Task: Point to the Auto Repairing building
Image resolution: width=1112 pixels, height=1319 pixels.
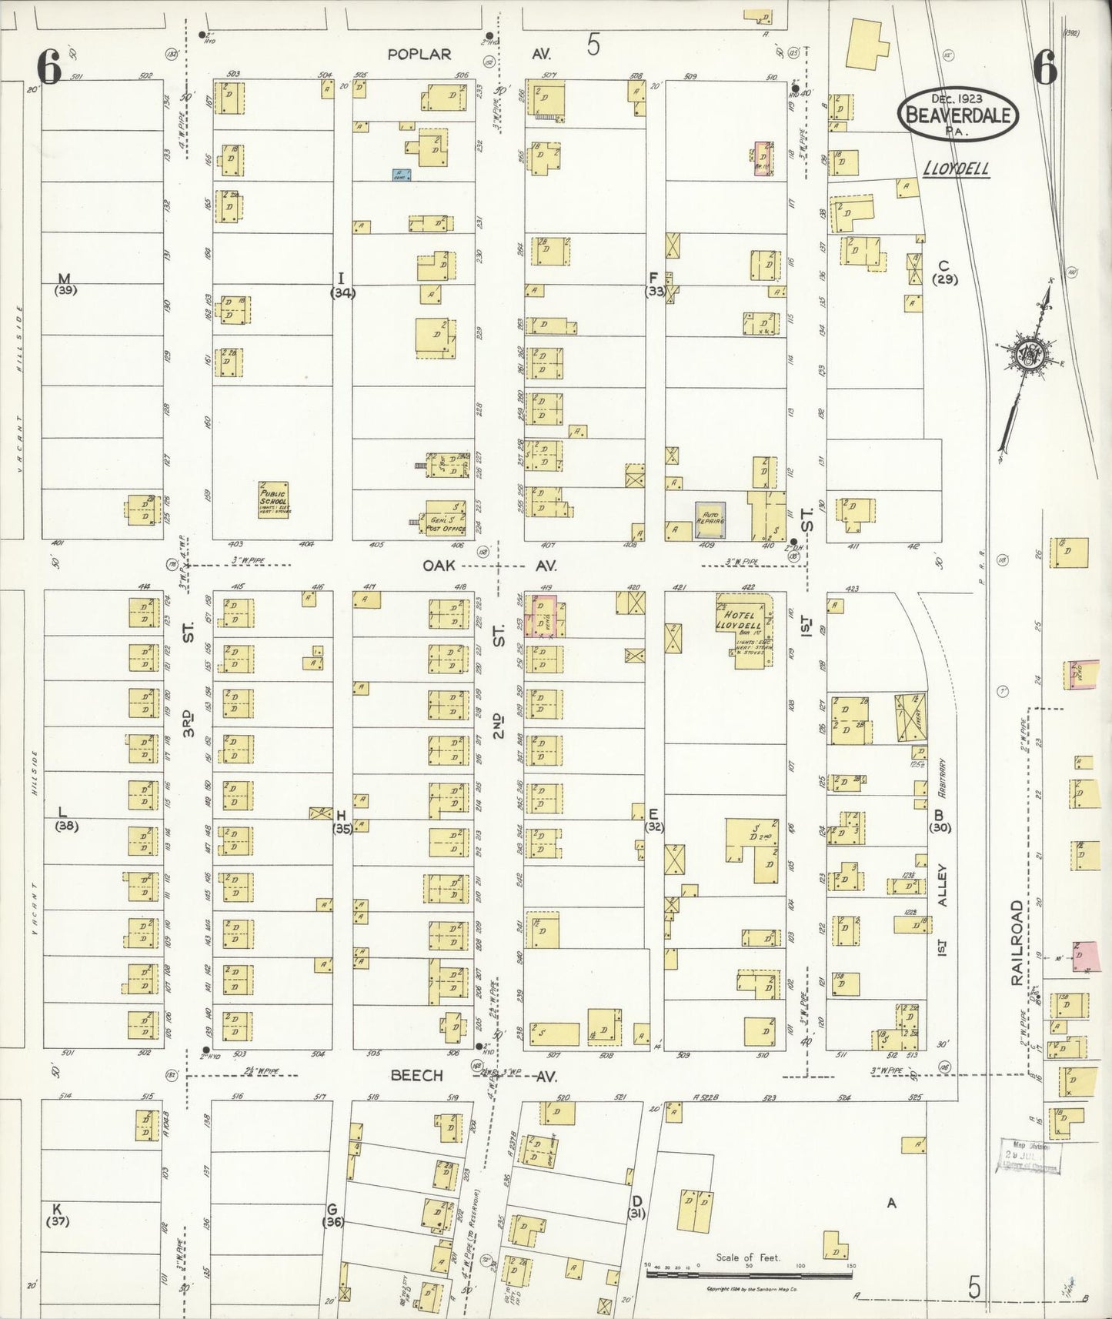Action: point(710,519)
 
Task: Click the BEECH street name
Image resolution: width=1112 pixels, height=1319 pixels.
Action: point(416,1075)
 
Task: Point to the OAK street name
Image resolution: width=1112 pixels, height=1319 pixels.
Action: point(439,566)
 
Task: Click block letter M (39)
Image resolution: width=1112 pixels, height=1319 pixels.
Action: point(64,283)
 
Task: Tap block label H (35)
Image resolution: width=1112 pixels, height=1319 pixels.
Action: point(342,821)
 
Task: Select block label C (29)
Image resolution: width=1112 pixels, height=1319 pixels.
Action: point(944,272)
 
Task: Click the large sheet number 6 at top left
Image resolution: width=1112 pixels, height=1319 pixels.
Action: point(48,68)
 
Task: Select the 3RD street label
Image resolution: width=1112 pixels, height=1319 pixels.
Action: point(189,723)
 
